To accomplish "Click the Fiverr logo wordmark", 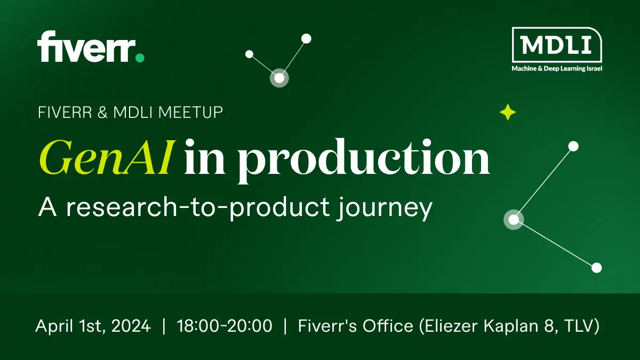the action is [x=86, y=46].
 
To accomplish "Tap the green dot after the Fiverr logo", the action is [x=140, y=58].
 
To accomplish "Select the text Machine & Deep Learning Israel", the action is [x=557, y=69].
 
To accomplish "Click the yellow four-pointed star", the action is [x=508, y=112].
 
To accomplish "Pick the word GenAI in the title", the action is [x=106, y=157].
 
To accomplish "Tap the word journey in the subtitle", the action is [x=385, y=209].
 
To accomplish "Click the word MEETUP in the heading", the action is [x=190, y=113].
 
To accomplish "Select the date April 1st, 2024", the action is [x=93, y=326].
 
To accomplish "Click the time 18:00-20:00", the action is [x=225, y=326].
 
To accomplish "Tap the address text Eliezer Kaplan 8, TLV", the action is [x=509, y=326].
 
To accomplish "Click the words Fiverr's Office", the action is [x=356, y=326].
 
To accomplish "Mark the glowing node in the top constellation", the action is [x=279, y=78].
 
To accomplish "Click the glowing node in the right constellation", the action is [x=514, y=219].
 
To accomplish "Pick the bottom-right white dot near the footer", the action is [x=596, y=268].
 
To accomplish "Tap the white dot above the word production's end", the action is [x=573, y=146].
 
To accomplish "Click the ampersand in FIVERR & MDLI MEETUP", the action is [x=102, y=113].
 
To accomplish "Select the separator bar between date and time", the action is [x=164, y=326].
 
